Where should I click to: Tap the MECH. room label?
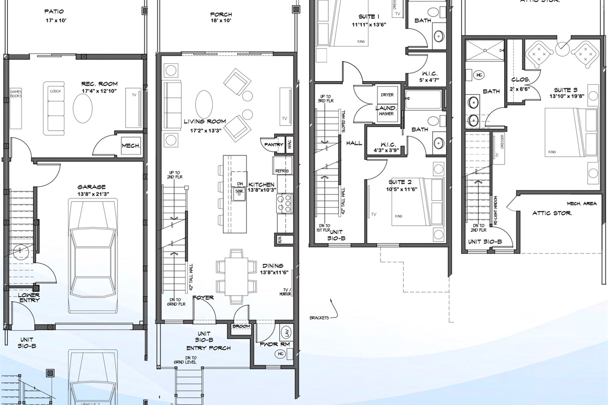pos(130,146)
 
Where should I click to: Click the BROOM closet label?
pos(242,327)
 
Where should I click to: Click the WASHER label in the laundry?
pos(386,114)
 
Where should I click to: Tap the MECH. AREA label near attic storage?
pos(580,203)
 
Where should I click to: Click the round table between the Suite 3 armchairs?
pos(562,50)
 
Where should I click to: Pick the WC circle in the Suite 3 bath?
pos(479,75)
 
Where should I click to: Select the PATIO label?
pos(54,11)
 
